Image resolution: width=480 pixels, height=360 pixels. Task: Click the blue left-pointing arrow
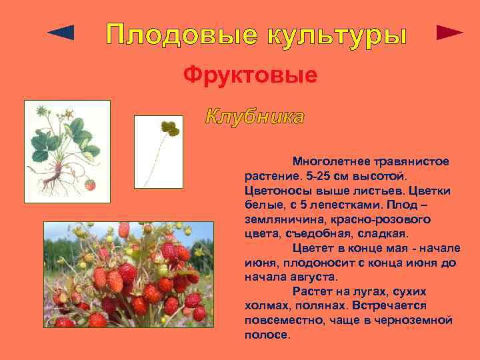pyautogui.click(x=61, y=33)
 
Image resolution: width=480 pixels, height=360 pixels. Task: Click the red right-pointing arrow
pyautogui.click(x=449, y=33)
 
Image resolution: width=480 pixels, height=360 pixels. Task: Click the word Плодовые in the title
pyautogui.click(x=175, y=35)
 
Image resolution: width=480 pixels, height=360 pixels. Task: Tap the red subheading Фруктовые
pyautogui.click(x=251, y=75)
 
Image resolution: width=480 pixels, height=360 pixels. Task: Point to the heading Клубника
pyautogui.click(x=255, y=118)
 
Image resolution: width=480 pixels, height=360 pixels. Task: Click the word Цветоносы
pyautogui.click(x=276, y=191)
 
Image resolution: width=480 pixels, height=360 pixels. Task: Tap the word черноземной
pyautogui.click(x=409, y=321)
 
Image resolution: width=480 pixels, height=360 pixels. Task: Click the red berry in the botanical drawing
pyautogui.click(x=90, y=185)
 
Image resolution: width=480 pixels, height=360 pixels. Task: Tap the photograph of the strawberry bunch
pyautogui.click(x=128, y=274)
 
